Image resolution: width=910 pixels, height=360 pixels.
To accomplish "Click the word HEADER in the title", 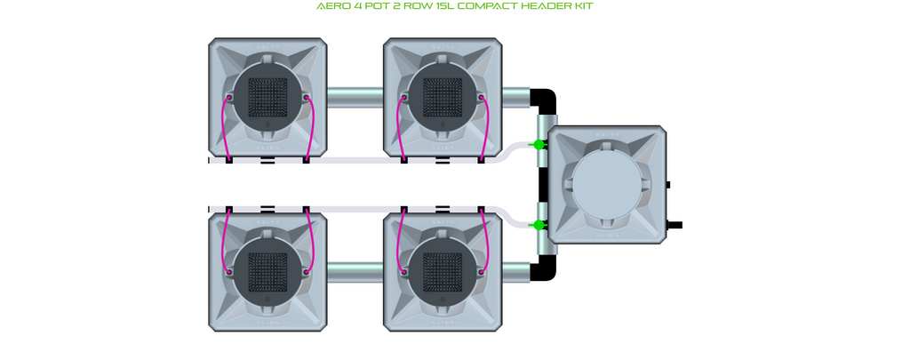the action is [x=532, y=6].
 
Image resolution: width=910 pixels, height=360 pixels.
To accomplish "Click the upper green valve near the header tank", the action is [x=539, y=145].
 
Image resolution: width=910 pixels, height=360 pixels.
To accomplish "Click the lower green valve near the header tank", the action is [x=539, y=225].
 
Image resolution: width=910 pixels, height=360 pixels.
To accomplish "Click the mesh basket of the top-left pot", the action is [x=267, y=97].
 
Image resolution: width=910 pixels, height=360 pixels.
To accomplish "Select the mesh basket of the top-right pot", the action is [x=443, y=97].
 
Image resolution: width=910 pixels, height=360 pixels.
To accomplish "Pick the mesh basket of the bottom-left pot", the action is [x=267, y=272].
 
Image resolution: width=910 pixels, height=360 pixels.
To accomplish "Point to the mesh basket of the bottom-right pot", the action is [x=443, y=272].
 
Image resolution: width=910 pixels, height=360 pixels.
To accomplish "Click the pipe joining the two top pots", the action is [x=355, y=97].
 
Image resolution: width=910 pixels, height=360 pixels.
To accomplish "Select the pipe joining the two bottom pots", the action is [x=355, y=272].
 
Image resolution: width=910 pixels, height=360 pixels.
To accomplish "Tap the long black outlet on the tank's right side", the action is [x=675, y=225].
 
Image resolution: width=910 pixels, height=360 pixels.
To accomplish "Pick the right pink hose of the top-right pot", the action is [x=486, y=128].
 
